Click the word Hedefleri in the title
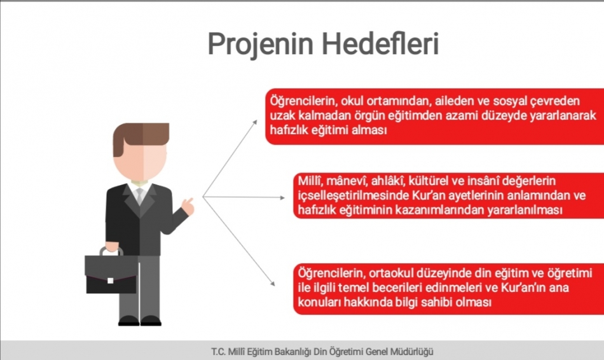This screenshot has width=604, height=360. pyautogui.click(x=380, y=43)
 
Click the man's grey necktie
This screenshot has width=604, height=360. pyautogui.click(x=139, y=195)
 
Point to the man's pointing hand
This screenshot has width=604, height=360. pyautogui.click(x=188, y=206)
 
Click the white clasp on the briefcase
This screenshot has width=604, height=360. pyautogui.click(x=110, y=280)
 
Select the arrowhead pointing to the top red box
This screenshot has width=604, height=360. pyautogui.click(x=254, y=123)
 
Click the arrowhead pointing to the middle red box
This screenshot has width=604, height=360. pyautogui.click(x=282, y=198)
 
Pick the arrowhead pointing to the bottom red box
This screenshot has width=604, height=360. pyautogui.click(x=272, y=283)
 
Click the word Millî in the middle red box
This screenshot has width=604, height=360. pyautogui.click(x=310, y=181)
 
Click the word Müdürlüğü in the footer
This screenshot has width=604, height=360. pyautogui.click(x=412, y=352)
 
